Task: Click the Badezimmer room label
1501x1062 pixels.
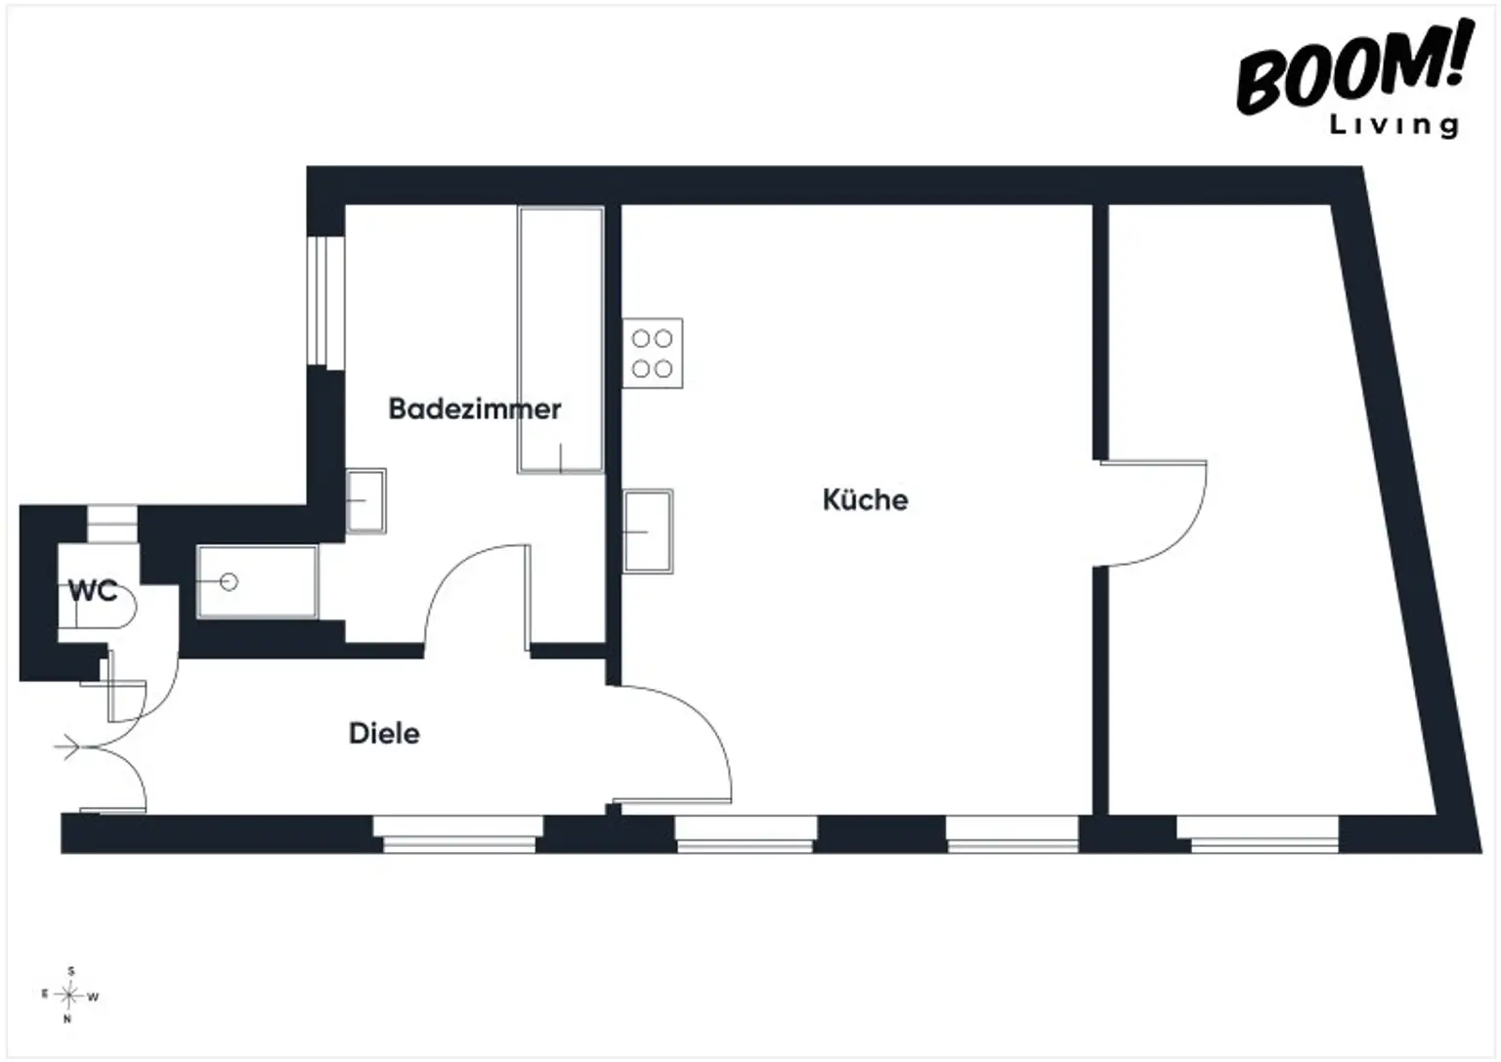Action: click(474, 408)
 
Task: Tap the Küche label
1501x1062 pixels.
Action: click(865, 500)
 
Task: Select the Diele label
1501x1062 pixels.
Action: click(384, 734)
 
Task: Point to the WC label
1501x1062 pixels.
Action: click(93, 591)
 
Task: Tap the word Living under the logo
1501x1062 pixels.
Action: click(1394, 125)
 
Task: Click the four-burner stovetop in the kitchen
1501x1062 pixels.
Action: click(653, 353)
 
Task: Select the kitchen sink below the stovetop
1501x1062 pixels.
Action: click(648, 531)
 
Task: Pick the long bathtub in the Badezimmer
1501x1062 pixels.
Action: click(561, 340)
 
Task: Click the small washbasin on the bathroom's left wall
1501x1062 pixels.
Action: click(365, 501)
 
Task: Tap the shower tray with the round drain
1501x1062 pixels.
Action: click(257, 581)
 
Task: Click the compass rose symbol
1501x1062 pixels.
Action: click(69, 995)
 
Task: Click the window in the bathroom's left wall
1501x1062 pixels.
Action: click(326, 301)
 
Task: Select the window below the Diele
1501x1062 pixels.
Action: click(458, 833)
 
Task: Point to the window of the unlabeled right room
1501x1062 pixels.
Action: click(1259, 833)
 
